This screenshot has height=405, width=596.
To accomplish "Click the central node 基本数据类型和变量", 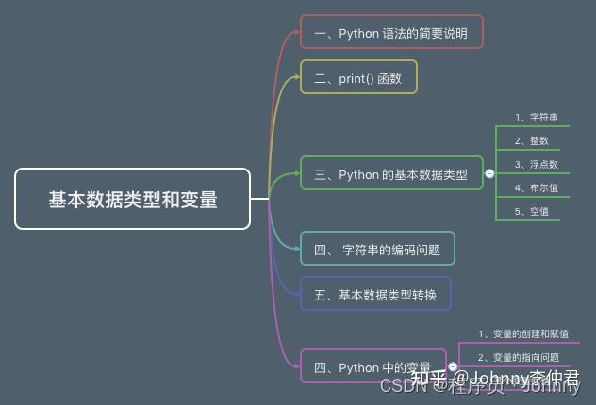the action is coord(133,199).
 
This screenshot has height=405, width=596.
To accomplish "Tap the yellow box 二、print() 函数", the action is coord(358,78).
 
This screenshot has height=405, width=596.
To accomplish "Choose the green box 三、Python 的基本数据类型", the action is coord(391,174).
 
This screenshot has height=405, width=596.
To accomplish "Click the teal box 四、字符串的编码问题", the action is coord(377,250).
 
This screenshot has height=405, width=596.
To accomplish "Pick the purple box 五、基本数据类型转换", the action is coord(375,295).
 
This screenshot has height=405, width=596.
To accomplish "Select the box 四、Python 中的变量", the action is coord(372,367).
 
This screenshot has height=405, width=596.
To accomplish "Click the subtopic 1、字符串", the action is coord(537,118).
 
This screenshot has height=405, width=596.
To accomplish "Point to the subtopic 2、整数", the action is coord(532,140).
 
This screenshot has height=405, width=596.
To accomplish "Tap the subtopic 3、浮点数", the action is coord(537,164).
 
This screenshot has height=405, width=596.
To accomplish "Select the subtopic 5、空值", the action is coord(532,211).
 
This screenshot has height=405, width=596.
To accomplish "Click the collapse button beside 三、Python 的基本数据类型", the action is coord(489,174).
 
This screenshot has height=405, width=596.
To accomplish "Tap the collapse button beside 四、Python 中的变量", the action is coord(453,366).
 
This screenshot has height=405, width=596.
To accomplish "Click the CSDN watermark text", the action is coord(400,386).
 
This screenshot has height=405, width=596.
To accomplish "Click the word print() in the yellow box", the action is coord(356,78).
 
